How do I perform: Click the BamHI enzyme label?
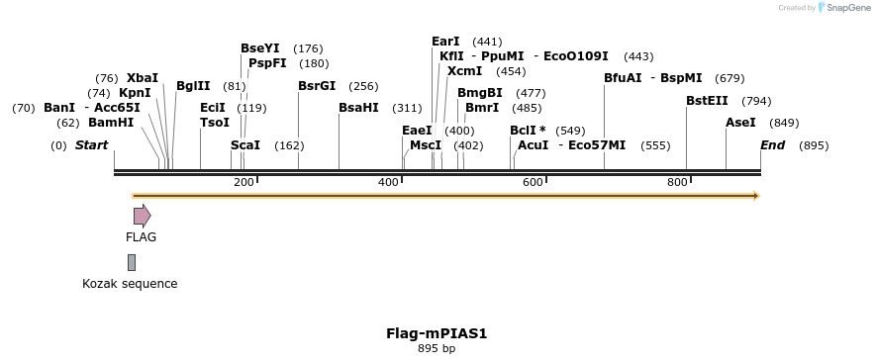111,123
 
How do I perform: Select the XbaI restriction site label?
143,77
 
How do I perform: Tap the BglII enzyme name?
193,86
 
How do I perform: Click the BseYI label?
260,47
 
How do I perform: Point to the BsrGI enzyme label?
317,86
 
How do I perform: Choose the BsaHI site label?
358,108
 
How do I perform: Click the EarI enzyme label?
445,42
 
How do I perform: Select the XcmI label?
464,71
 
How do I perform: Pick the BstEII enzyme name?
707,101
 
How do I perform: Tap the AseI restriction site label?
740,123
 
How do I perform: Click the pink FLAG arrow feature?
142,216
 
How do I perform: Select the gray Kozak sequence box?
132,262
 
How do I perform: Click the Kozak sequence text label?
130,284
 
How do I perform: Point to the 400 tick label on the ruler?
388,183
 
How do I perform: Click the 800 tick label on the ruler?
677,183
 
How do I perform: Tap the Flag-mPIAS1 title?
437,333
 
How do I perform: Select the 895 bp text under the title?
437,348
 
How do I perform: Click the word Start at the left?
91,145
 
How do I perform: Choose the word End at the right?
773,145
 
